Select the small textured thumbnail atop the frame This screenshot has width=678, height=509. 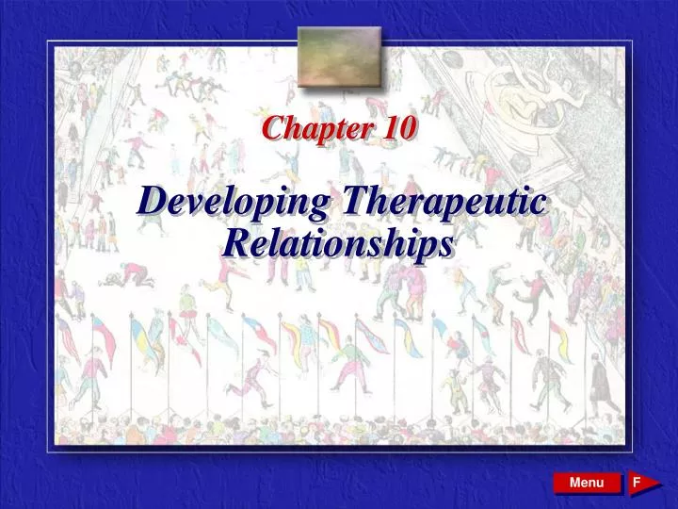point(339,56)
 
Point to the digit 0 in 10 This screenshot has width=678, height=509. point(405,129)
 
